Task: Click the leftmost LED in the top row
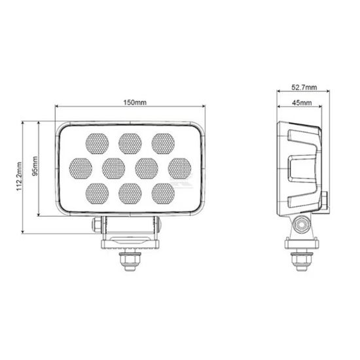tap(97, 141)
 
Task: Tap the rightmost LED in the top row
tap(162, 141)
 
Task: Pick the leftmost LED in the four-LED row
tap(81, 167)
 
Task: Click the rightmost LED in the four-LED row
tap(179, 167)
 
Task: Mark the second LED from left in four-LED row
tap(113, 167)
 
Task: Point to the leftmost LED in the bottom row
tap(97, 192)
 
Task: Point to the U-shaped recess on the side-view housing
tap(302, 168)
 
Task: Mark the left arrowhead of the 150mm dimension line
tap(59, 107)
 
